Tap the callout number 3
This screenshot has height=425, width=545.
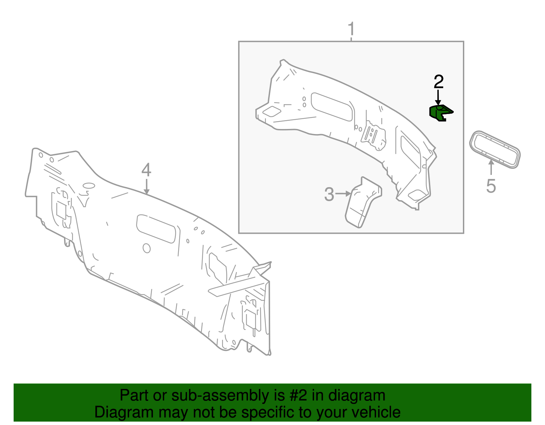pos(329,194)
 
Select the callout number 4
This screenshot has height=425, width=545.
pos(146,170)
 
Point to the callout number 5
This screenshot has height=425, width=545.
pos(491,186)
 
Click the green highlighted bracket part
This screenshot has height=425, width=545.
pos(440,113)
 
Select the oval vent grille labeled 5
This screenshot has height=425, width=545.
pos(495,149)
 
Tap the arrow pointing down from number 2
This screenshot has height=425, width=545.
pos(438,97)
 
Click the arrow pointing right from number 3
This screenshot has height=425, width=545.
pos(343,194)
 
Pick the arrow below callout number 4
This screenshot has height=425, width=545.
pos(146,187)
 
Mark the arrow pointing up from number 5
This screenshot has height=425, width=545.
pos(491,167)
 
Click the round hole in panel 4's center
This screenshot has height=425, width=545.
pos(146,248)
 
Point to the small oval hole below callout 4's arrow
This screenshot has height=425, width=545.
pos(89,186)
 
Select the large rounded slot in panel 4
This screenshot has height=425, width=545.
pos(156,228)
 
